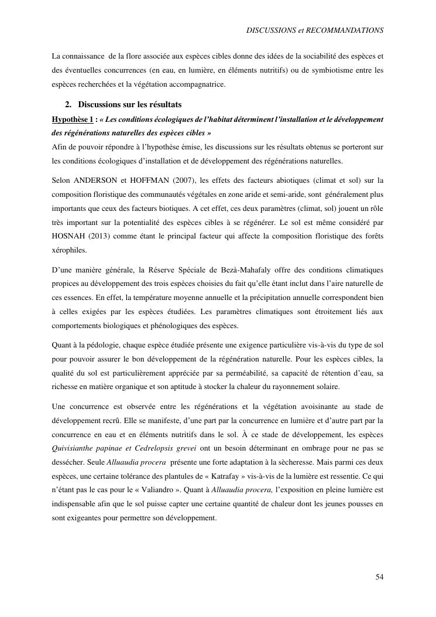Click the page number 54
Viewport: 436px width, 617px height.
(379, 577)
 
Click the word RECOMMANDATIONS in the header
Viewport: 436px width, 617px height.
(349, 29)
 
